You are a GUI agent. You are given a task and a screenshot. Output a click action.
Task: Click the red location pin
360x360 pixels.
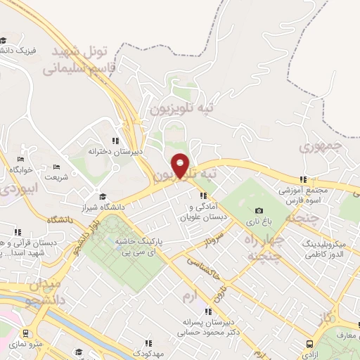click(x=180, y=165)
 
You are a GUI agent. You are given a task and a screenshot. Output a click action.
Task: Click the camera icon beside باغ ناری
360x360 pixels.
click(x=259, y=211)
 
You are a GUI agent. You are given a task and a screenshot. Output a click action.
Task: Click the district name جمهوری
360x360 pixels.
click(x=320, y=147)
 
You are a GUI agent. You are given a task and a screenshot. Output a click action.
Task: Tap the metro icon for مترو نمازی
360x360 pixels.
click(x=25, y=333)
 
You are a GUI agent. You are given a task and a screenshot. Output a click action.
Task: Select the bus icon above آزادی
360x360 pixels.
click(x=309, y=344)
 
